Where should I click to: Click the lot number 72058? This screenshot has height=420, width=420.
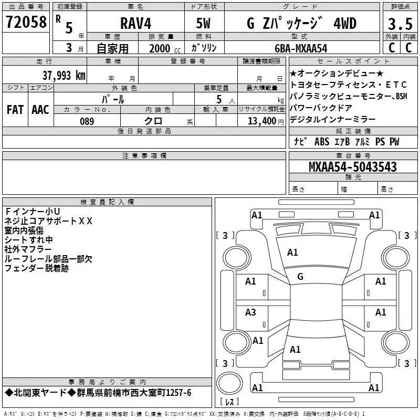tap(26, 22)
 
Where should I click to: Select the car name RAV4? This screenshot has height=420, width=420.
tap(136, 23)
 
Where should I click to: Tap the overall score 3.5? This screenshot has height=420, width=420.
tap(400, 24)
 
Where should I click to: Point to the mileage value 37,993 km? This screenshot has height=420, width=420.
tap(64, 75)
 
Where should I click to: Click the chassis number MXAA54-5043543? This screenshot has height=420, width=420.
tap(352, 166)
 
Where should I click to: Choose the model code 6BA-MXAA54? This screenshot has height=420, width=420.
tap(301, 48)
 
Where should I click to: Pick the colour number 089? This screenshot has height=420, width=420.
tap(87, 121)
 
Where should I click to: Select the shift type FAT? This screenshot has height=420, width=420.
tap(15, 110)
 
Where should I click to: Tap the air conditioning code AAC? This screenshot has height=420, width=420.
tap(40, 110)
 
